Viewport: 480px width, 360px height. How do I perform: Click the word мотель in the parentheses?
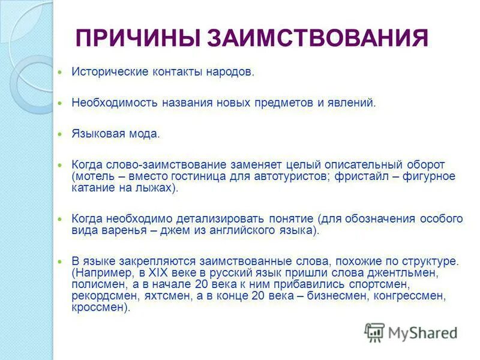[92, 176]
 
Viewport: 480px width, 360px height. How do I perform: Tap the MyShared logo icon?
[375, 332]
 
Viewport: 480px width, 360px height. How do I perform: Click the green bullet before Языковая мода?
[59, 133]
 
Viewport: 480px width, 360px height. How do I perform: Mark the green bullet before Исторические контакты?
[59, 72]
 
